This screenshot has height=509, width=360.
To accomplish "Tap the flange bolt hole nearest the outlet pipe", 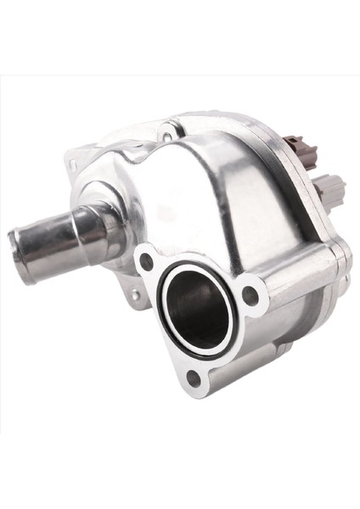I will point(147,261).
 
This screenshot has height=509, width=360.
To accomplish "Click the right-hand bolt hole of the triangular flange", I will point(250,295).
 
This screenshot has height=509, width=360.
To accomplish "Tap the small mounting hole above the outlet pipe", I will point(72,164).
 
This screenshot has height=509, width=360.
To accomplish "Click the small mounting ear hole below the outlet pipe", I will point(135,294).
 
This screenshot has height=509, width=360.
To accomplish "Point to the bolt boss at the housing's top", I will point(167,135).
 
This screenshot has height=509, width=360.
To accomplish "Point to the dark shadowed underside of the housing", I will point(280,356).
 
